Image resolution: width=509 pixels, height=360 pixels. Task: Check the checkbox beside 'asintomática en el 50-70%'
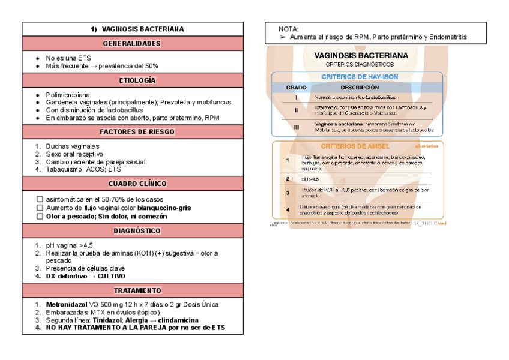pyautogui.click(x=40, y=199)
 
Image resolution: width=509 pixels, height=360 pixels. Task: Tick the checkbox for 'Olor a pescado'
pyautogui.click(x=40, y=216)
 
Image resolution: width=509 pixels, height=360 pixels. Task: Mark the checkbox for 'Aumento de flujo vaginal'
pyautogui.click(x=40, y=208)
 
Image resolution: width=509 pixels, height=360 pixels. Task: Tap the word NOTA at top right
pyautogui.click(x=289, y=29)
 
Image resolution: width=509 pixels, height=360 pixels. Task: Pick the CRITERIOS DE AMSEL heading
pyautogui.click(x=355, y=146)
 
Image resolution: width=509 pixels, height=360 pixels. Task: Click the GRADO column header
pyautogui.click(x=296, y=88)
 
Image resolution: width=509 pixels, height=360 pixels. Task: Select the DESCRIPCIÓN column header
pyautogui.click(x=360, y=88)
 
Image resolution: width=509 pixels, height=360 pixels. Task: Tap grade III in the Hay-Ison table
pyautogui.click(x=296, y=127)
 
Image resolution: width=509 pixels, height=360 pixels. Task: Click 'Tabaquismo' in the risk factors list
pyautogui.click(x=66, y=169)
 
